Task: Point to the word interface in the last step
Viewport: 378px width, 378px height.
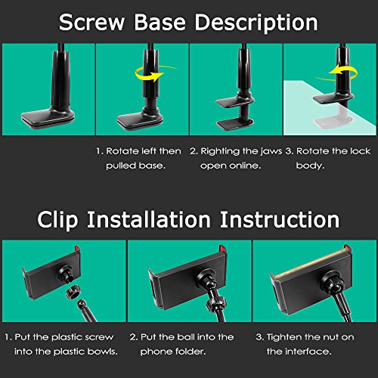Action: pos(309,352)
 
